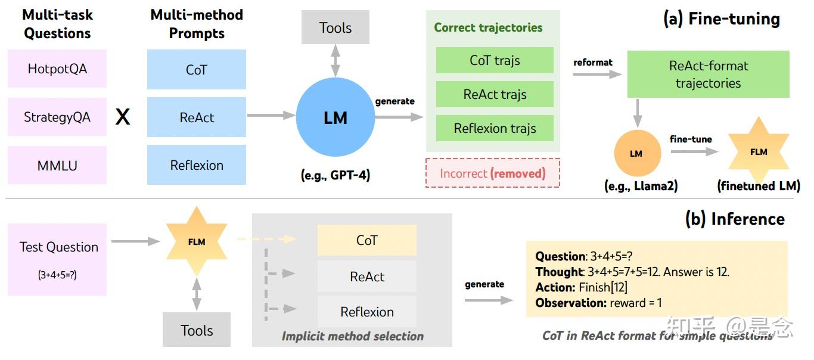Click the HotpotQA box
click(x=57, y=69)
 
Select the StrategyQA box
click(x=57, y=117)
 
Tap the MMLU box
click(x=57, y=166)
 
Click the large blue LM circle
click(x=335, y=117)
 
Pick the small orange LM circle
click(x=638, y=153)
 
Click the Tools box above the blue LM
click(x=335, y=27)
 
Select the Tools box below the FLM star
click(x=196, y=330)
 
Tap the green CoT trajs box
click(x=495, y=60)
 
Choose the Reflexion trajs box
click(x=495, y=128)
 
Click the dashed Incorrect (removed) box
click(x=492, y=173)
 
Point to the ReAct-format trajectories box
click(x=709, y=74)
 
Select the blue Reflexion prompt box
click(x=196, y=165)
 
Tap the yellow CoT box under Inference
click(x=366, y=240)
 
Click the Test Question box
click(x=57, y=259)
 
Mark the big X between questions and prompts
click(x=123, y=117)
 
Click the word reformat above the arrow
click(x=593, y=63)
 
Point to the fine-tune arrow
click(x=694, y=151)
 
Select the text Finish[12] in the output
click(x=603, y=287)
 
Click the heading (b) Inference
click(x=735, y=219)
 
